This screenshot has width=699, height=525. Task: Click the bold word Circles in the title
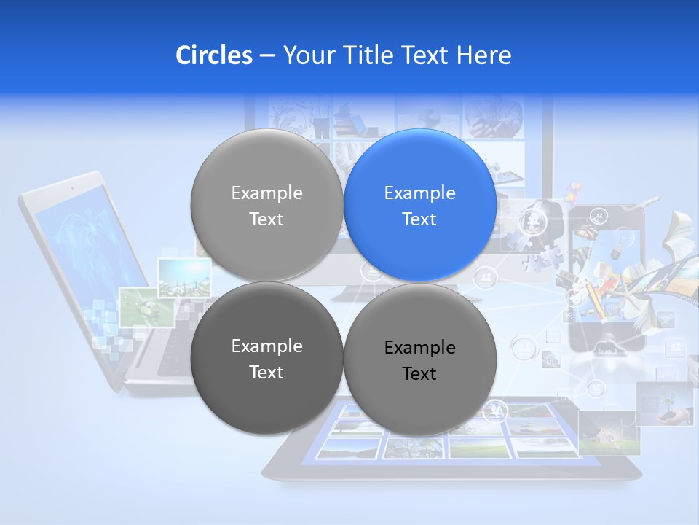click(213, 55)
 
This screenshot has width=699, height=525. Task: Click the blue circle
click(420, 205)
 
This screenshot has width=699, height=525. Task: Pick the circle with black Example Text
click(420, 359)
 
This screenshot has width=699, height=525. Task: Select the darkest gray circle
click(266, 358)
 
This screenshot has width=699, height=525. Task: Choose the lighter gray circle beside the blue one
click(266, 205)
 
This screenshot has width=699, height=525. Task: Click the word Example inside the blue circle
click(419, 192)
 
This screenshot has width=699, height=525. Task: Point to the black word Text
click(419, 374)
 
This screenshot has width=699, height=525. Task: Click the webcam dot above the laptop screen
click(72, 188)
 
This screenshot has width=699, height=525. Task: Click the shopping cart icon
click(666, 319)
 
